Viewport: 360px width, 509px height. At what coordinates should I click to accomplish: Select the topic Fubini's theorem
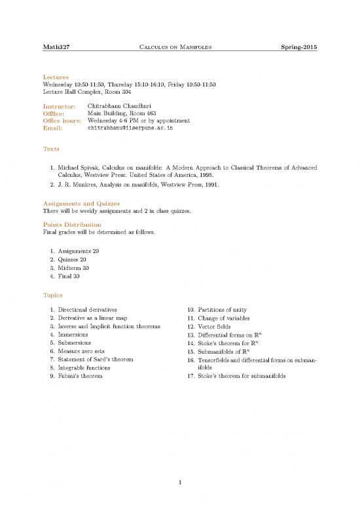84,377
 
